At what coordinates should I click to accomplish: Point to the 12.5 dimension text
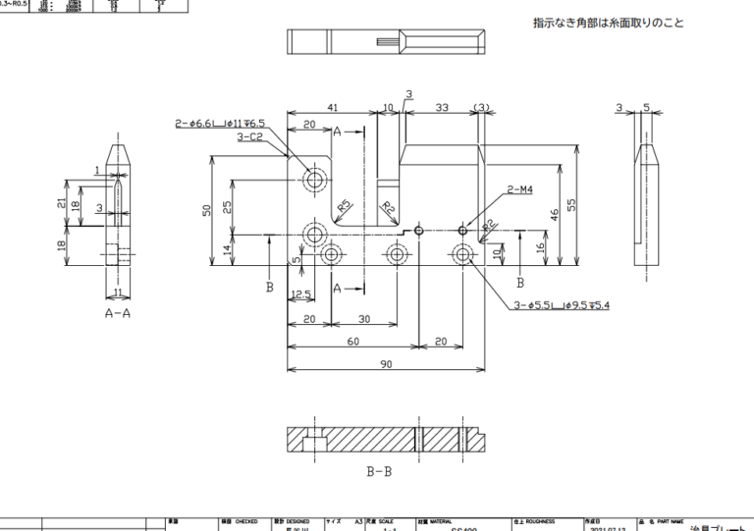click(301, 294)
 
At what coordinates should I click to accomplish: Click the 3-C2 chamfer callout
click(249, 137)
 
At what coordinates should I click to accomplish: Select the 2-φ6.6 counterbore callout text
click(220, 124)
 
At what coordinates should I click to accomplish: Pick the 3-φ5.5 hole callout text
click(562, 306)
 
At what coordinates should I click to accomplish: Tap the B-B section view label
click(379, 472)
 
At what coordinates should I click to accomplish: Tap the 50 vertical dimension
click(208, 211)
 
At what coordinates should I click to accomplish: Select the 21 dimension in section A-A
click(62, 203)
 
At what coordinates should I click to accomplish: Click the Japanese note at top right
click(621, 23)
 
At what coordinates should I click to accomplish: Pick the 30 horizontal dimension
click(363, 320)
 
